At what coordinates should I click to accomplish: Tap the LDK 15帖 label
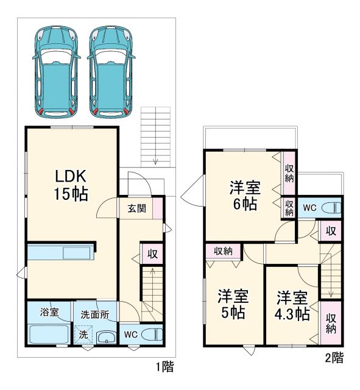click(x=72, y=185)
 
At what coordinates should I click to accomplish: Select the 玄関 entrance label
click(x=136, y=208)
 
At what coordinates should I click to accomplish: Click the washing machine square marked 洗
click(x=83, y=335)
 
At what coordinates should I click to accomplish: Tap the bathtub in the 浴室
click(x=49, y=335)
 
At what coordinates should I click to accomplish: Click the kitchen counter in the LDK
click(x=60, y=252)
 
